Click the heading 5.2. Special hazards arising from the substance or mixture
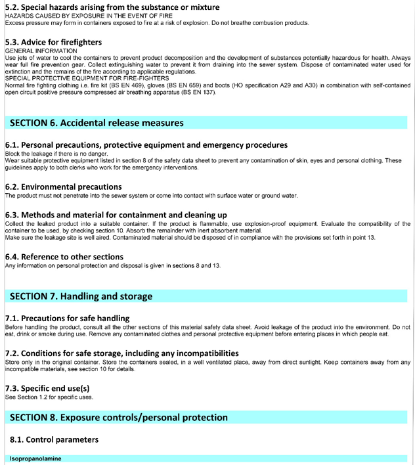[x=112, y=7]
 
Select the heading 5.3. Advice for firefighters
[x=53, y=42]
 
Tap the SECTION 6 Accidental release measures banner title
[x=97, y=123]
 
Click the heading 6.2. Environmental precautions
[x=63, y=187]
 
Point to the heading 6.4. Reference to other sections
[x=64, y=257]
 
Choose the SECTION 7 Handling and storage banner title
[x=81, y=296]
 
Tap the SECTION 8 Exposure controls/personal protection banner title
[x=119, y=418]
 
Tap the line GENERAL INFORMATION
[x=41, y=51]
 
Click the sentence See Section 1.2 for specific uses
[x=49, y=397]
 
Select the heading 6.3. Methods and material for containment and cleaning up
[x=116, y=215]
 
